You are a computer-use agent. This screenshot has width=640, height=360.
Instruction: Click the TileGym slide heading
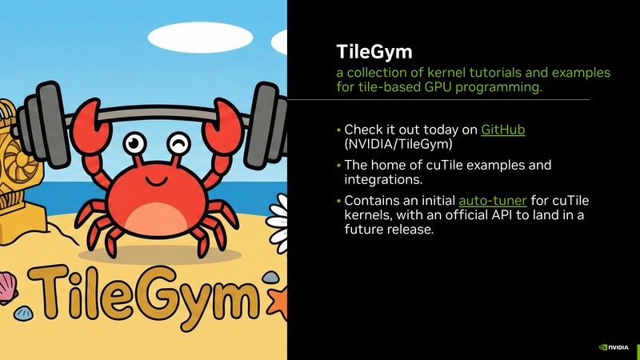click(374, 53)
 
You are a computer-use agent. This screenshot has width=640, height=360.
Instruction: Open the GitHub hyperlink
click(502, 130)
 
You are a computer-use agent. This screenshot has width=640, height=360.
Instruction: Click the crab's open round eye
click(134, 145)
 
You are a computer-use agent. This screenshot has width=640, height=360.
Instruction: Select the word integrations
click(382, 179)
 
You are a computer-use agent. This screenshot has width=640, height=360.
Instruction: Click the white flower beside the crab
click(279, 212)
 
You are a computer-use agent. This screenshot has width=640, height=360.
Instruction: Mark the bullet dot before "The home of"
click(338, 166)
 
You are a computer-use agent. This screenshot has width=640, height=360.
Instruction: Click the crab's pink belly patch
click(157, 215)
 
